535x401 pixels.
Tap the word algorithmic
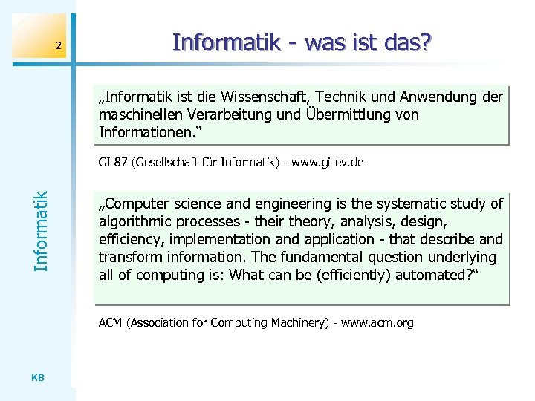click(136, 221)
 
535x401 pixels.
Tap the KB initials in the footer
click(39, 377)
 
